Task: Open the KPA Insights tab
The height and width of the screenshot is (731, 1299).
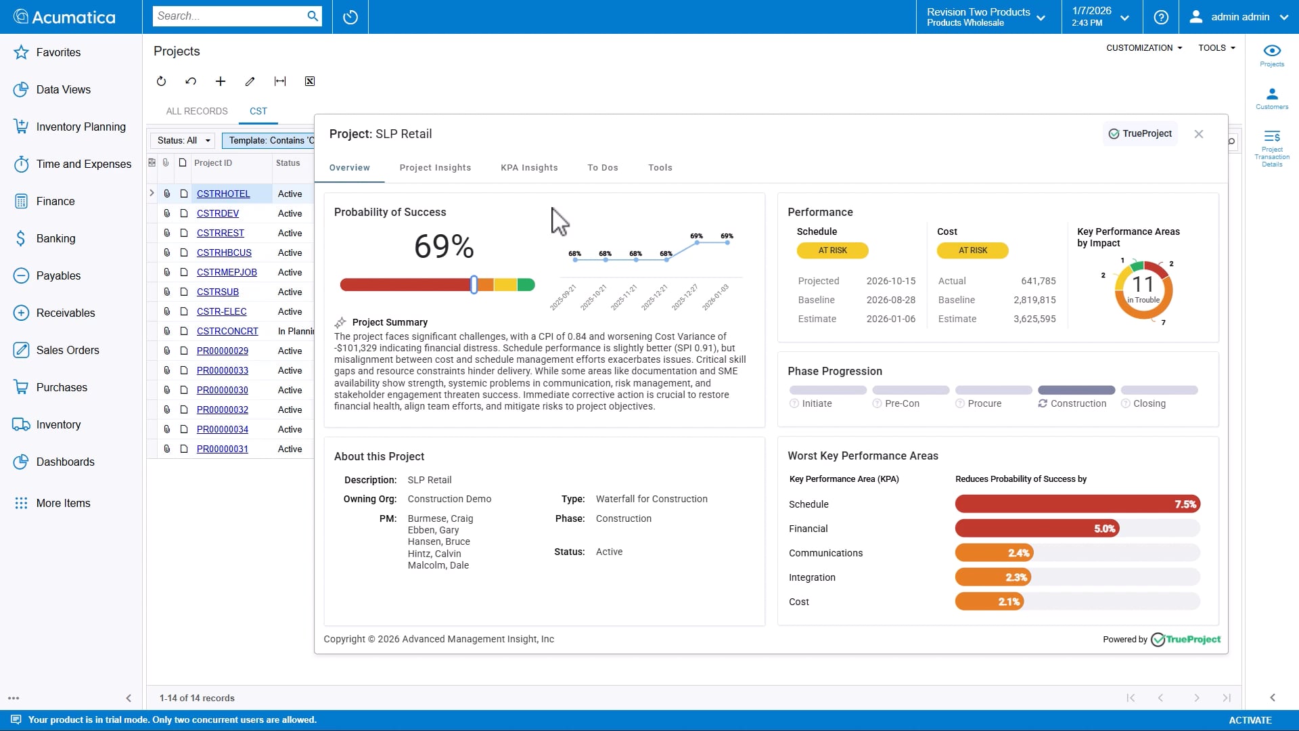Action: click(x=529, y=168)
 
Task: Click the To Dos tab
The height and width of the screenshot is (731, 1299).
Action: click(x=602, y=168)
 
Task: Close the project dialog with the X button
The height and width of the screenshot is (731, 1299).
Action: click(x=1198, y=134)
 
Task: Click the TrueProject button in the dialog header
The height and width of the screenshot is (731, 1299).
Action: click(x=1140, y=134)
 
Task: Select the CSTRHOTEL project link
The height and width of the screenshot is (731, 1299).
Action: click(x=223, y=194)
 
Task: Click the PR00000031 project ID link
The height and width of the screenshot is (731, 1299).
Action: click(x=222, y=449)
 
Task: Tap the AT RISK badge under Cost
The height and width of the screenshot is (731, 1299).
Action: click(x=972, y=250)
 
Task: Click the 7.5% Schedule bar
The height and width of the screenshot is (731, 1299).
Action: click(x=1077, y=504)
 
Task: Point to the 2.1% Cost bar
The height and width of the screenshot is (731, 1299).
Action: click(x=989, y=602)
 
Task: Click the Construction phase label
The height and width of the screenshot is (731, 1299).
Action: click(x=1078, y=403)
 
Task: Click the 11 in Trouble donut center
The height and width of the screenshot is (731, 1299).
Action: click(x=1143, y=289)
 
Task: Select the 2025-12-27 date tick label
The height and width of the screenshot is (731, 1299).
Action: click(x=685, y=297)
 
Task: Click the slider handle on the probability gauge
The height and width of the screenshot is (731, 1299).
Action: click(x=474, y=285)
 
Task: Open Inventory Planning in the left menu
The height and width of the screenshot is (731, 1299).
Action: click(x=81, y=127)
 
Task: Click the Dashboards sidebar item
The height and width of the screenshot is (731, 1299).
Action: click(x=65, y=462)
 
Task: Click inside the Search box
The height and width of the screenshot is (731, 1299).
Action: click(x=229, y=16)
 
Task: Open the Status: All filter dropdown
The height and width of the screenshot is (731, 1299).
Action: click(x=183, y=140)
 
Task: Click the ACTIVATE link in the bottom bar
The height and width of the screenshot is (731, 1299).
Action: click(x=1250, y=720)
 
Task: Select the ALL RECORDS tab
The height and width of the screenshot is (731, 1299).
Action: click(x=197, y=111)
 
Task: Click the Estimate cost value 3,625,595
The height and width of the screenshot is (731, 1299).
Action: click(x=1034, y=319)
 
